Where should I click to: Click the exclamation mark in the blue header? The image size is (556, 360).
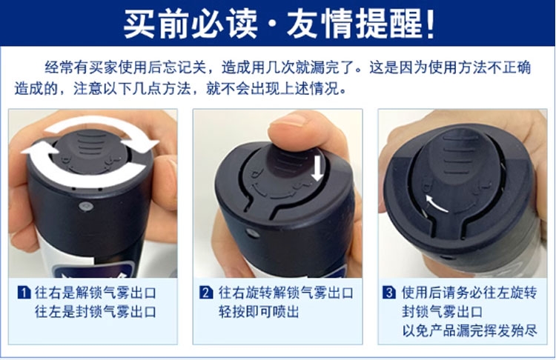(431, 24)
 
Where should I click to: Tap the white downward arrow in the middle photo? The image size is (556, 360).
(317, 167)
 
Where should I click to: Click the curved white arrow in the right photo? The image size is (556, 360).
(436, 204)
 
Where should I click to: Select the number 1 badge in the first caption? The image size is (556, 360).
(24, 293)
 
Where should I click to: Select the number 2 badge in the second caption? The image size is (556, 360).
(206, 293)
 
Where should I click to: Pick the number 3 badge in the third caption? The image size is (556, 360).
(389, 293)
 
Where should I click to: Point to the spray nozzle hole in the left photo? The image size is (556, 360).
(85, 206)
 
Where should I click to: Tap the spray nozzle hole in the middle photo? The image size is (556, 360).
(252, 233)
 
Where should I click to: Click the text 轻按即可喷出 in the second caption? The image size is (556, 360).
(259, 312)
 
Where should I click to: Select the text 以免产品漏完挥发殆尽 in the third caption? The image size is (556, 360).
(469, 330)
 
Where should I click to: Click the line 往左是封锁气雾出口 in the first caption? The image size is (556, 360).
(96, 312)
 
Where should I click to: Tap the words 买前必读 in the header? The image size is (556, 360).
(191, 24)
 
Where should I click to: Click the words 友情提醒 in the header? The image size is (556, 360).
(355, 24)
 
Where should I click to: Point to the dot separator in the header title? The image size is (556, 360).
(272, 24)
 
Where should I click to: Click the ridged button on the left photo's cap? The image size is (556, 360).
(90, 144)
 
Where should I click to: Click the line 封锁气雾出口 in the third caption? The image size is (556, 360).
(442, 312)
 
